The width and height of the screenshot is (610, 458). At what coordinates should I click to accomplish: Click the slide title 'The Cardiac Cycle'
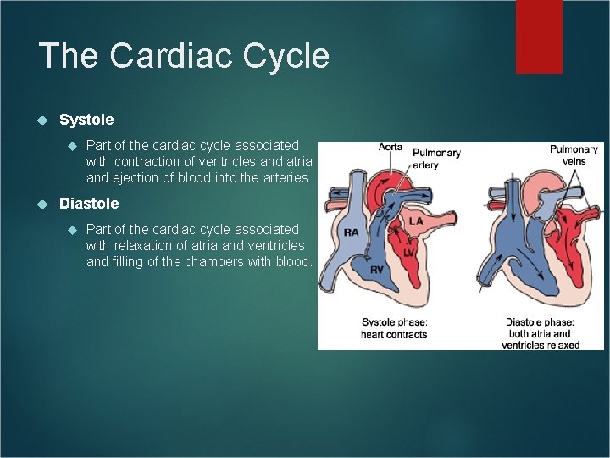184,56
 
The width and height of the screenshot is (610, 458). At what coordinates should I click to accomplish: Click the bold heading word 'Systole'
86,120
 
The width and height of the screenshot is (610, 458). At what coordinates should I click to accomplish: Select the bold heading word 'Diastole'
89,204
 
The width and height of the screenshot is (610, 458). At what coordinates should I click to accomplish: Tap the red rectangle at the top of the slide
539,36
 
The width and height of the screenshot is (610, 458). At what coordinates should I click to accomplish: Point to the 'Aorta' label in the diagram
390,147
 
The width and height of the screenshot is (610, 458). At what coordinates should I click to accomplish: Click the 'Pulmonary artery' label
436,159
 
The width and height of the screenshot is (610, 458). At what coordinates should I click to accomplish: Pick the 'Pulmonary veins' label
574,155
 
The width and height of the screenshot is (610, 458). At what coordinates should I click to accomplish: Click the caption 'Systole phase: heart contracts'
394,328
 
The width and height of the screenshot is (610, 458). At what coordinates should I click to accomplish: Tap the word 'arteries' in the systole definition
284,178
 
